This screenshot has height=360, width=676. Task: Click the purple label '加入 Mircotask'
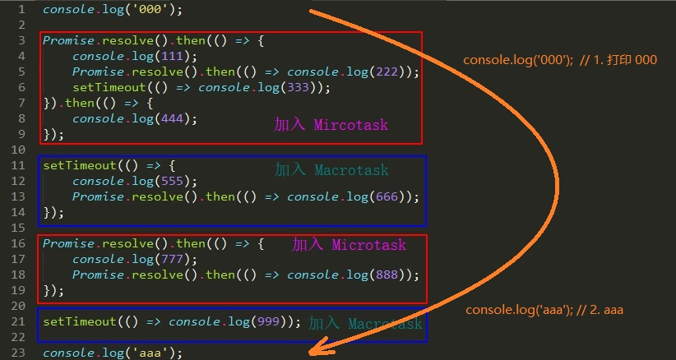coord(331,125)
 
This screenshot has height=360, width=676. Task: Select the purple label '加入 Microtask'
coord(350,244)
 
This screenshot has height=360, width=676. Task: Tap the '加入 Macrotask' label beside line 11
coord(331,169)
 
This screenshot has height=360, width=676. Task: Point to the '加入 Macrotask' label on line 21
coord(365,323)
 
